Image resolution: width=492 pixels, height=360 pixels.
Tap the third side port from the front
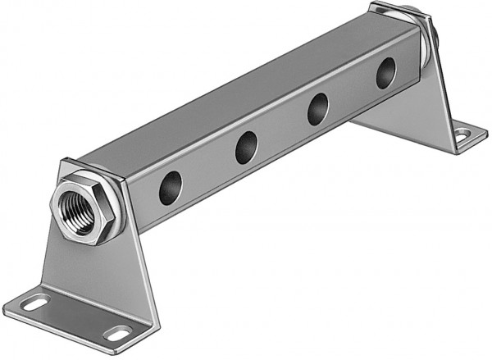[x=319, y=109]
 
